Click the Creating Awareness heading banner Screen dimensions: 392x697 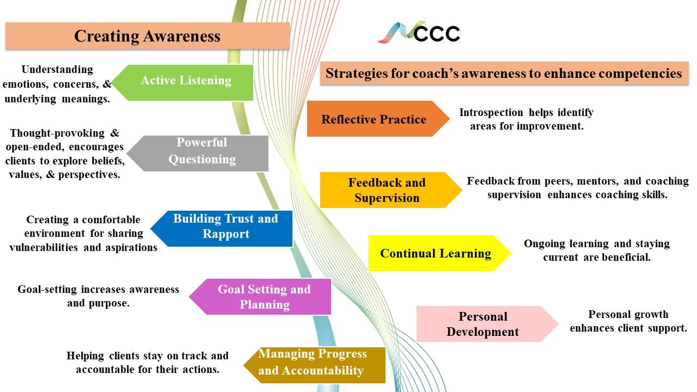coord(147,36)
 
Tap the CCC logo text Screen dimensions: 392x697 coord(437,33)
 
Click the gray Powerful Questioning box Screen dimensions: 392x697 coord(202,152)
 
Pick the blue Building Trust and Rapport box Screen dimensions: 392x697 coord(225,227)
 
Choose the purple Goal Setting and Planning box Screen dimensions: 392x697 coord(264,297)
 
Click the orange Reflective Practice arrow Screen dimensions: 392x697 coord(374,119)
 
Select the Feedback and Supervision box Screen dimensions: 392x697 coord(387,190)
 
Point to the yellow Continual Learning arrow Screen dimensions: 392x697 coord(435,253)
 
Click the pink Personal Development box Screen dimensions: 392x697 coord(482,324)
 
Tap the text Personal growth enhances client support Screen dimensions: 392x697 coord(628,321)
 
